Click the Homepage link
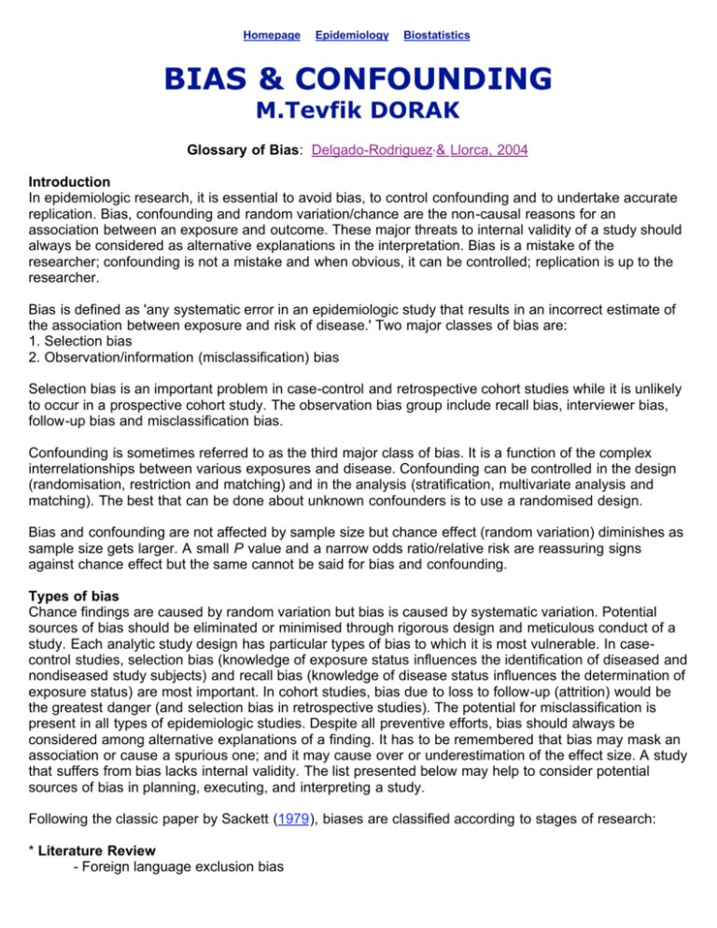point(271,35)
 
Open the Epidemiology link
point(352,35)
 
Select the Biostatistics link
point(436,35)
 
